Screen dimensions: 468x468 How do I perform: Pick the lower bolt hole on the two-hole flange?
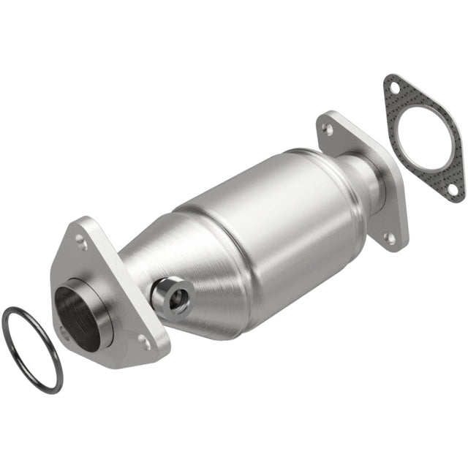tap(391, 238)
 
